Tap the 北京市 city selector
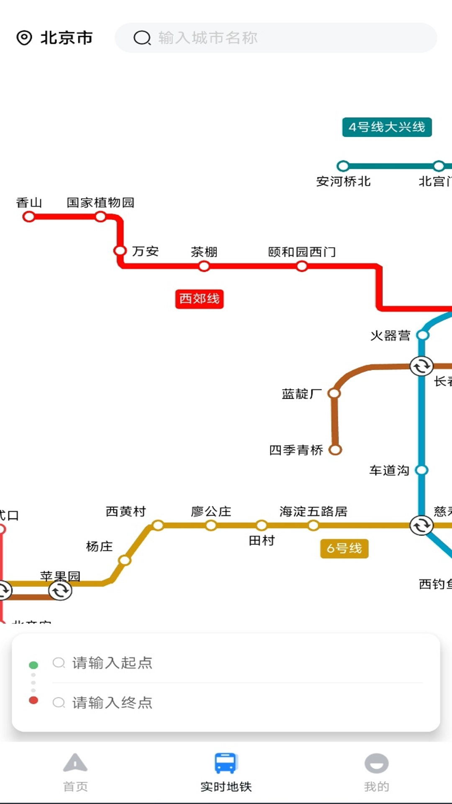tap(55, 38)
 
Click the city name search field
tap(276, 38)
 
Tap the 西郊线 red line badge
tap(199, 299)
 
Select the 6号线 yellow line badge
tap(344, 548)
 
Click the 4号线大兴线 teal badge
tap(387, 127)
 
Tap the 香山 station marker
tap(29, 216)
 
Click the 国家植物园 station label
tap(100, 203)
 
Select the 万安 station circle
tap(120, 251)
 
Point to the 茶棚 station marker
tap(204, 266)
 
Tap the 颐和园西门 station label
tap(302, 252)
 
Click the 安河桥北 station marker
tap(343, 166)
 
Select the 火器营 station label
tap(390, 335)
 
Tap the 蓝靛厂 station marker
tap(334, 393)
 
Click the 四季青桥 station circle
tap(335, 450)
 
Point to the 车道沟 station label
tap(389, 470)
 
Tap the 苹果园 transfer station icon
tap(60, 590)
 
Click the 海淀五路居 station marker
tap(313, 525)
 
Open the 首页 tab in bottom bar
tap(75, 773)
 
